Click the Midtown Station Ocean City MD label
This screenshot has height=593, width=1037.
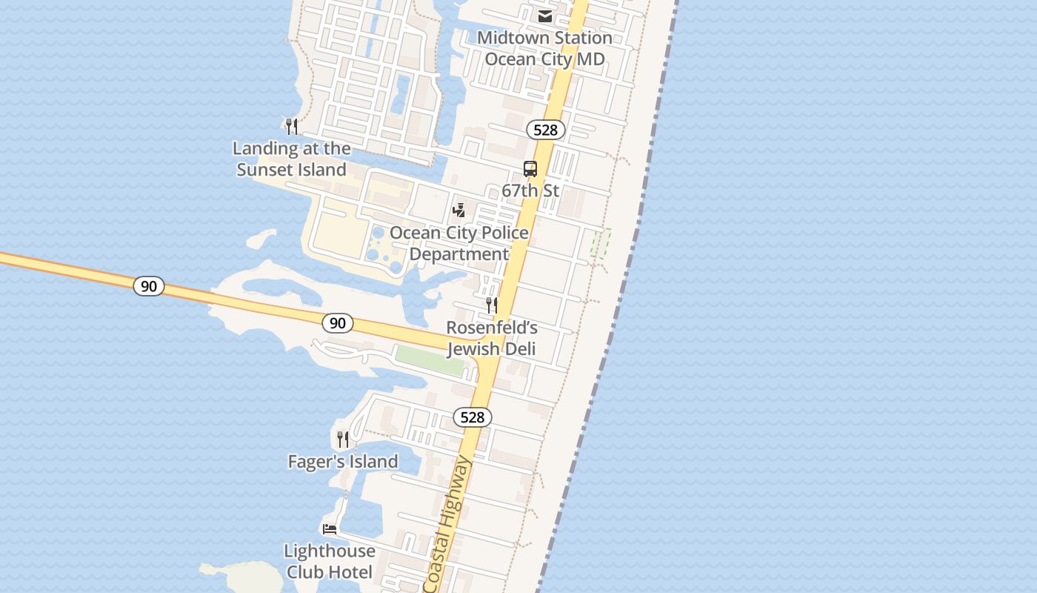point(544,48)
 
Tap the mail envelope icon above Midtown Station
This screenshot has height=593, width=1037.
point(545,16)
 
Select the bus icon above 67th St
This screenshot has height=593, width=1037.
point(530,168)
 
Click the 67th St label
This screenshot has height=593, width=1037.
point(530,191)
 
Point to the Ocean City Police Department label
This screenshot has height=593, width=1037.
point(459,243)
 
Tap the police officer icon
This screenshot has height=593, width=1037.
point(459,211)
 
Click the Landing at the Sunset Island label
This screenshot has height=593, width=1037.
point(292,159)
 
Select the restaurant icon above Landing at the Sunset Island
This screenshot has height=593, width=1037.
point(292,126)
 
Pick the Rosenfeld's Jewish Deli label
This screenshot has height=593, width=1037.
point(491,338)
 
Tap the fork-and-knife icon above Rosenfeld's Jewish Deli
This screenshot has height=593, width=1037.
point(491,305)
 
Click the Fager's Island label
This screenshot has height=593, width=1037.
point(343,462)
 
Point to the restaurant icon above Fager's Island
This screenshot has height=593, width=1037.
point(343,439)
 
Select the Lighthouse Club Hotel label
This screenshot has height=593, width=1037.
point(330,561)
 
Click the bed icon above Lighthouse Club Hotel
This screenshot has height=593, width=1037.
point(330,529)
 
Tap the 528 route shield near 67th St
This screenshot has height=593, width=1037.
point(546,130)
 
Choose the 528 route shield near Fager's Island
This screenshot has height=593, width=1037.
point(473,417)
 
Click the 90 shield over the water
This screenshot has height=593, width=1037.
point(149,285)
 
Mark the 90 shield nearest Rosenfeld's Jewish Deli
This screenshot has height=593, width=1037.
point(338,322)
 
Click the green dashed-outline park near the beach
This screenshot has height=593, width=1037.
point(600,243)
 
